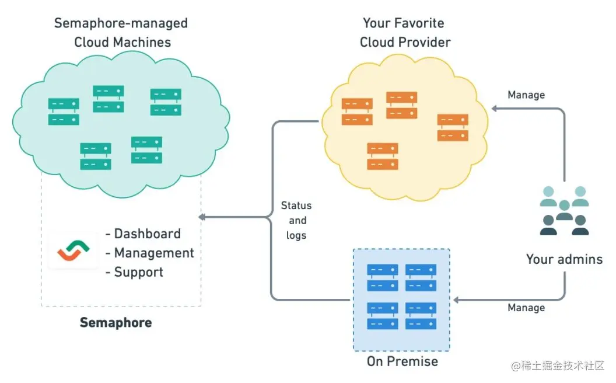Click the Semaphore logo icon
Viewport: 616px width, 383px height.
pos(73,250)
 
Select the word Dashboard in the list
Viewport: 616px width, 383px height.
pos(148,234)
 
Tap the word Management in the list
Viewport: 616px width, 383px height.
pos(154,253)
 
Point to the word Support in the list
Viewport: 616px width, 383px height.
pos(138,272)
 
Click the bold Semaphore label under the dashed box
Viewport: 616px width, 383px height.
pos(116,322)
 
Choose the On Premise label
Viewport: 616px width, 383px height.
pos(402,361)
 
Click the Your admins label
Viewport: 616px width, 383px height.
pos(564,259)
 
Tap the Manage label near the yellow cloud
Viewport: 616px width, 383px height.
pos(526,95)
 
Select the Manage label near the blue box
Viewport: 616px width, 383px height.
pos(526,308)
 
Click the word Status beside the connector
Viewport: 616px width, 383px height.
pos(296,206)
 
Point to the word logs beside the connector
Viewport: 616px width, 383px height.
pos(296,235)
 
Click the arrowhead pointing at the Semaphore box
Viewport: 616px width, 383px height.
pos(202,217)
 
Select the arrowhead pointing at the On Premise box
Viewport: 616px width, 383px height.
pos(457,300)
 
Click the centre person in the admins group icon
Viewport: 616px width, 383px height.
pos(565,210)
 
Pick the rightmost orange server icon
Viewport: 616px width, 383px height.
pos(453,127)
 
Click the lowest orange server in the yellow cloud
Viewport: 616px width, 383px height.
pos(382,156)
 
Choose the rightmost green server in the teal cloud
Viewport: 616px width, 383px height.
pos(166,102)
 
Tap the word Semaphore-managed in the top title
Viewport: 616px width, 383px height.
pos(121,23)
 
